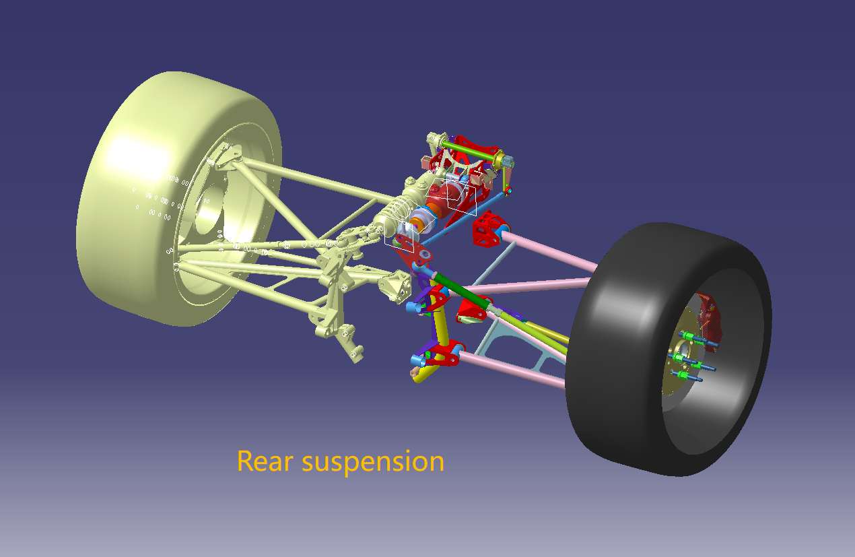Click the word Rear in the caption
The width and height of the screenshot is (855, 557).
265,461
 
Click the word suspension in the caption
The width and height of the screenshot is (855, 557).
373,463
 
